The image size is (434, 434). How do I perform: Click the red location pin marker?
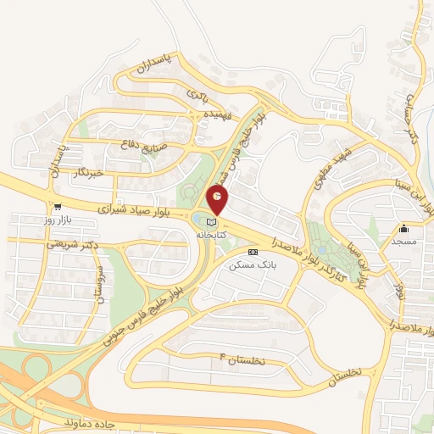pyautogui.click(x=217, y=200)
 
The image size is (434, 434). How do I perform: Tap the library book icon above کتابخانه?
pyautogui.click(x=210, y=223)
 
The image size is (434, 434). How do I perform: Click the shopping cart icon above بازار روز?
pyautogui.click(x=57, y=206)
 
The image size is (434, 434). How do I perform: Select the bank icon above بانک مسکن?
pyautogui.click(x=252, y=253)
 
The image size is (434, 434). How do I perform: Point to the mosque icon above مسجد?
pyautogui.click(x=404, y=228)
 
